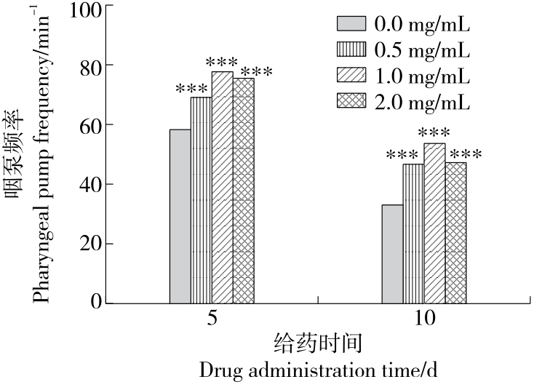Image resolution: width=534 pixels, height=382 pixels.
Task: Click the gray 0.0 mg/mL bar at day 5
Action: pos(180,216)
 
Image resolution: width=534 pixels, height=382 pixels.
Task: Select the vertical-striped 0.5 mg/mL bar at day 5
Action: pos(201,200)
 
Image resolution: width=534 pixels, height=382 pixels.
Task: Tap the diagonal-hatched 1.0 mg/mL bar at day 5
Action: pos(222,187)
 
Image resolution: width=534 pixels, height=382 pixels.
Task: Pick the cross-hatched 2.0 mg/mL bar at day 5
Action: pos(244,190)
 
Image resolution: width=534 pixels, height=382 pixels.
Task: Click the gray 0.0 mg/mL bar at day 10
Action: pos(392,253)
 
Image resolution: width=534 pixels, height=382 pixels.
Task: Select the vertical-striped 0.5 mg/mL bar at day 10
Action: pos(413,233)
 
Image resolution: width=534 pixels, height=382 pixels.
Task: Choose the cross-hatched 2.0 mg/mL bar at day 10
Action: pos(455,232)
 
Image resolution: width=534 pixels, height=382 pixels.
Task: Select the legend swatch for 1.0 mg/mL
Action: pos(351,75)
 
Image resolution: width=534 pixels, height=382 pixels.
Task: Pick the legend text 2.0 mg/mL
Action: pos(422,101)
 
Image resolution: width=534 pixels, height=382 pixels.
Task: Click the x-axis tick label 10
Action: pos(424,319)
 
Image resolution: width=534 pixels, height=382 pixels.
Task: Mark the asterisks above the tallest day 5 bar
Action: pos(222,62)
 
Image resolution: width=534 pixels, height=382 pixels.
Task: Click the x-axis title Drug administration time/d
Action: pos(319,370)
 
